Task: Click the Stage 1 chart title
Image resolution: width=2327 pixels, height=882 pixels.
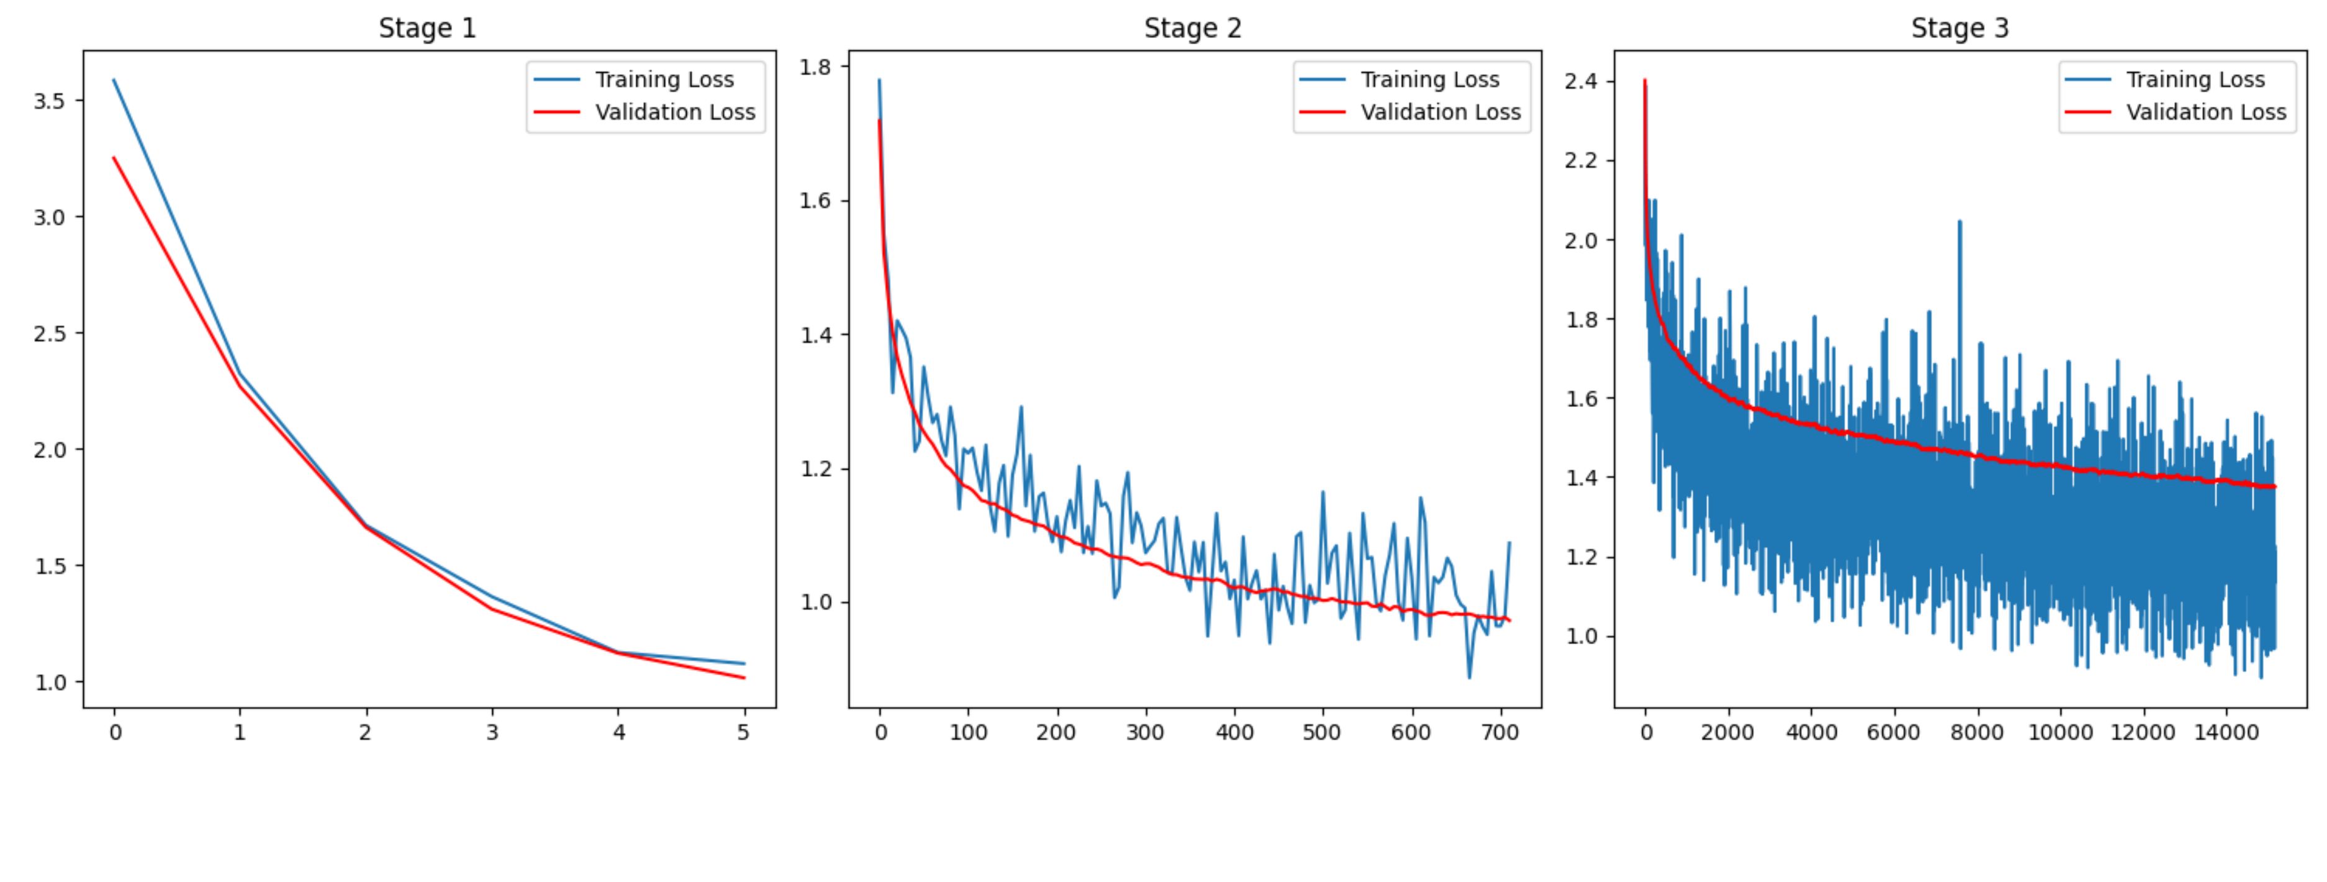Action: [427, 29]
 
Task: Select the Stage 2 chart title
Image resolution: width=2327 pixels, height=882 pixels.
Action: [1193, 29]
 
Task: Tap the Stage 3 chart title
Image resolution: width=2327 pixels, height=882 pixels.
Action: [1959, 29]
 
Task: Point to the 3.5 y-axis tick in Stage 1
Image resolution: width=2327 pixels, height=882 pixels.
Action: [50, 100]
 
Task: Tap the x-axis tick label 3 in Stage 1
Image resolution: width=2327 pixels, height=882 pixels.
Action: [492, 732]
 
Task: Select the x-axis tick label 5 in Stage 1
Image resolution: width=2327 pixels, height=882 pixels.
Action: [743, 732]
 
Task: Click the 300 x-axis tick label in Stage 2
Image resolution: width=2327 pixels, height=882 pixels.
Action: [1144, 732]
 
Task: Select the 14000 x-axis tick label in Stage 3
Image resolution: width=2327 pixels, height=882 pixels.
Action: [2225, 732]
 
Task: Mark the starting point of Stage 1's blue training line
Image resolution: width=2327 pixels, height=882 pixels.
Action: [114, 80]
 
